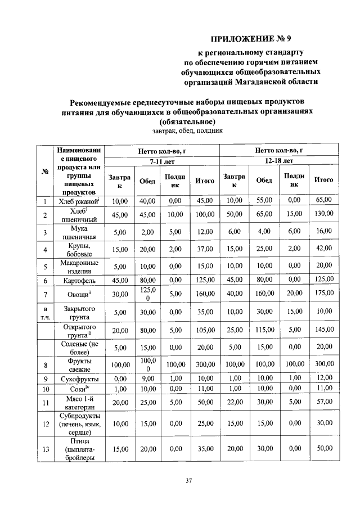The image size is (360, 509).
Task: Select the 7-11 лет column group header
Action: [x=162, y=161]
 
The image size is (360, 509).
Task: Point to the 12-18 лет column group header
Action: [x=278, y=161]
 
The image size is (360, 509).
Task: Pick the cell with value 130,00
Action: [x=324, y=214]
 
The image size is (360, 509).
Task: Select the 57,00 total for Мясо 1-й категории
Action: [x=324, y=403]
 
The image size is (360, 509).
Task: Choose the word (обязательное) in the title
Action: [x=187, y=121]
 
